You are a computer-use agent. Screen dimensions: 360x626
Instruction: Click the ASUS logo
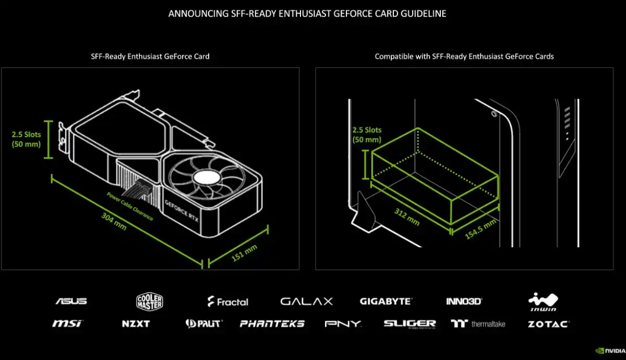71,301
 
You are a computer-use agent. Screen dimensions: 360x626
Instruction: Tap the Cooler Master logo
150,301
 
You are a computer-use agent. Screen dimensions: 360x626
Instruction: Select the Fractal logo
228,302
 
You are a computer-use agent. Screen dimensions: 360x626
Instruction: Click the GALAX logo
306,301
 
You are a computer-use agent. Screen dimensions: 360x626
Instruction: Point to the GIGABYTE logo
386,301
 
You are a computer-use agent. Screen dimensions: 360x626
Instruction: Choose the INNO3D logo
464,301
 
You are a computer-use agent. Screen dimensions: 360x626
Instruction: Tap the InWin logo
544,301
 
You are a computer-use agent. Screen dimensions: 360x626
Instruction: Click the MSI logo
67,323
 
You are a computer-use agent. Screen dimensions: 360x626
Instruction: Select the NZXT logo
136,323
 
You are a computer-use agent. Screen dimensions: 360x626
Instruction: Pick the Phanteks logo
272,323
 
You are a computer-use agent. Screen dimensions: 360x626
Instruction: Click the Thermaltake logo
478,323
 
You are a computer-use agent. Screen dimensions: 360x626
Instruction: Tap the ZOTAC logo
548,323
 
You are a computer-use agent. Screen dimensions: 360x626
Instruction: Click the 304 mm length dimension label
114,223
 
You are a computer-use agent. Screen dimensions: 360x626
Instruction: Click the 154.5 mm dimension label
480,230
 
